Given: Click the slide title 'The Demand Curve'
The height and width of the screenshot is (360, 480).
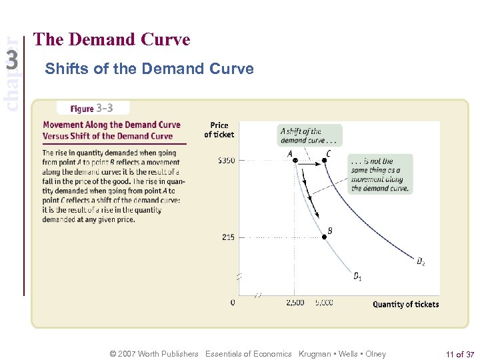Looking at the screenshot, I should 111,40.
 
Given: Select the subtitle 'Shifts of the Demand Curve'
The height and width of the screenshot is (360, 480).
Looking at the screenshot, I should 149,69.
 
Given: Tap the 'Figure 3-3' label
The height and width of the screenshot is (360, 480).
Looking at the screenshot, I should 93,108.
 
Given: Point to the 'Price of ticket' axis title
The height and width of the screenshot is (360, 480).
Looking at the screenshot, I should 219,130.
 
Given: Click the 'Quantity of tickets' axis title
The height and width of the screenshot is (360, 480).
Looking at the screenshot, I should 405,305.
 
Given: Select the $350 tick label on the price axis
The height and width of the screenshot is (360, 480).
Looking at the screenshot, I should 225,161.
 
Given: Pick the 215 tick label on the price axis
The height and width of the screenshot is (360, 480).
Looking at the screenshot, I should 227,237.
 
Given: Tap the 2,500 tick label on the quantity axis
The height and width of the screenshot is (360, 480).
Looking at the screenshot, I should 295,303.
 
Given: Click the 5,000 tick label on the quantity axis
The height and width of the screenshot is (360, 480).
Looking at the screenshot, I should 323,303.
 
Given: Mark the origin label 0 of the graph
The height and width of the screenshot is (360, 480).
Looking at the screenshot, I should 232,303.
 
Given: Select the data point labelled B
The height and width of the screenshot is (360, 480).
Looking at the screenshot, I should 324,237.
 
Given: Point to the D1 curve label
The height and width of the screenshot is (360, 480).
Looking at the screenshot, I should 358,276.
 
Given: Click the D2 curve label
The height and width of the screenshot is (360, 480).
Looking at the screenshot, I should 421,261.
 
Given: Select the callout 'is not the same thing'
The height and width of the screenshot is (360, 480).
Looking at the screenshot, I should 379,175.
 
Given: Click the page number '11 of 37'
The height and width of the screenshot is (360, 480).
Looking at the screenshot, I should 460,354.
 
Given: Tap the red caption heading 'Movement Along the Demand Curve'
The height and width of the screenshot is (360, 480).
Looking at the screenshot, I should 111,125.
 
